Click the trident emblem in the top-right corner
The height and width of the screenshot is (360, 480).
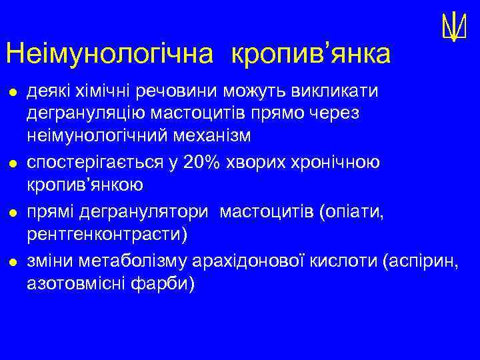(x=452, y=27)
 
